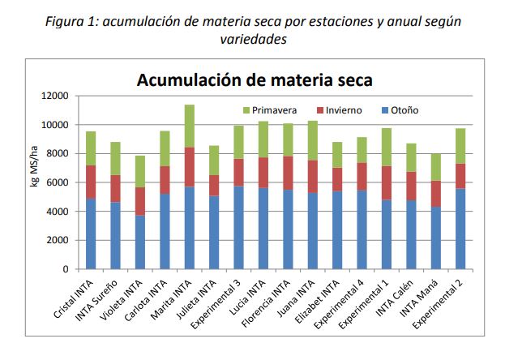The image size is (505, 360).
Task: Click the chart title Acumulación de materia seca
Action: pos(255,80)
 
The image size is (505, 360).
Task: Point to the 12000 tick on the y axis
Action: pos(56,96)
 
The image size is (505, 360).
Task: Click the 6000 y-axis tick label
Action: pos(58,182)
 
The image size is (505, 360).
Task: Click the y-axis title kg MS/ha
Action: pos(34,182)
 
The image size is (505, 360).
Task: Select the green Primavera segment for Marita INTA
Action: pos(188,126)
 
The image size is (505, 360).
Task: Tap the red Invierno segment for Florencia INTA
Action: pos(286,173)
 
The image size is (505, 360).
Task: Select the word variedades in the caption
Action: pos(253,39)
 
